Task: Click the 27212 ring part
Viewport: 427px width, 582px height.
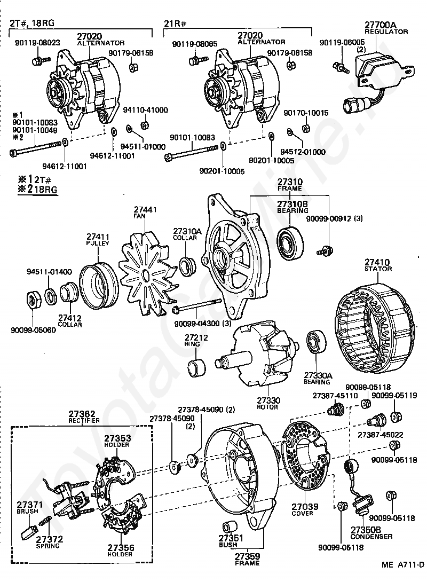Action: [195, 368]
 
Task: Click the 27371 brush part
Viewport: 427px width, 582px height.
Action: [28, 531]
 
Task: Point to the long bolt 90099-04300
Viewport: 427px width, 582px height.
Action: [197, 308]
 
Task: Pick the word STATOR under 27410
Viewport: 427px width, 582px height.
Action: [378, 269]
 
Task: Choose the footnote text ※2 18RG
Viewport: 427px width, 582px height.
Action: [38, 189]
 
